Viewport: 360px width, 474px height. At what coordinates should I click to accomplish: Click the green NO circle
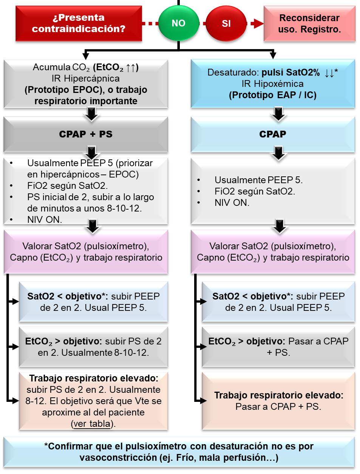click(179, 23)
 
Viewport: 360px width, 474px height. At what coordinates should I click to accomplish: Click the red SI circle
click(226, 23)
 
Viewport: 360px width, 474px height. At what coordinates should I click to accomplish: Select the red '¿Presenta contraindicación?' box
click(79, 23)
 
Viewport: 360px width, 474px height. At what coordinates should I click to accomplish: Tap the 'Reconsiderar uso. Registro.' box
click(309, 23)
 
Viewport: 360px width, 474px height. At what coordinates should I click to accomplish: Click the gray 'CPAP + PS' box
click(86, 134)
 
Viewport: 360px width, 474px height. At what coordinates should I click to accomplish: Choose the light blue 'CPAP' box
click(273, 134)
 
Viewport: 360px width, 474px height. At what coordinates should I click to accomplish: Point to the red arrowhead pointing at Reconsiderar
click(258, 23)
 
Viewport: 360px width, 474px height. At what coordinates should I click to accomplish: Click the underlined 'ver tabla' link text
click(92, 424)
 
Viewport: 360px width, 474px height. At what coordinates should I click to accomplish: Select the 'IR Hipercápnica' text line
click(86, 79)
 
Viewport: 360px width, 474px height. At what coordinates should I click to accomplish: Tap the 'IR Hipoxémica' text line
click(272, 84)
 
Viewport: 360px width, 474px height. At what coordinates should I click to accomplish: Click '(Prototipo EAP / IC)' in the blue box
click(273, 95)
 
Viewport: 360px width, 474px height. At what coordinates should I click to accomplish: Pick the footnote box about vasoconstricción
click(179, 452)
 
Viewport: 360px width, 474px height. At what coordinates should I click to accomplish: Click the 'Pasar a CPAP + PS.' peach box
click(278, 401)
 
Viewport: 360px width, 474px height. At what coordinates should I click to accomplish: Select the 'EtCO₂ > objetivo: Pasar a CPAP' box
click(278, 347)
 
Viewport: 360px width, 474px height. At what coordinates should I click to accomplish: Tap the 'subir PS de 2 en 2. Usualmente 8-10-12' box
click(93, 347)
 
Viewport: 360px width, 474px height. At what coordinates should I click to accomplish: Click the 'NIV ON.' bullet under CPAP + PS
click(45, 219)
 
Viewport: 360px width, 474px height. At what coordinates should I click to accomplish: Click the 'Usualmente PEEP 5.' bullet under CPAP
click(258, 180)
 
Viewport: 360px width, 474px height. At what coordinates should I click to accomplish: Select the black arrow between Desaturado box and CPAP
click(278, 114)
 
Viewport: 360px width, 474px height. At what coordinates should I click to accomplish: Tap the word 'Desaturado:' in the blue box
click(233, 73)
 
